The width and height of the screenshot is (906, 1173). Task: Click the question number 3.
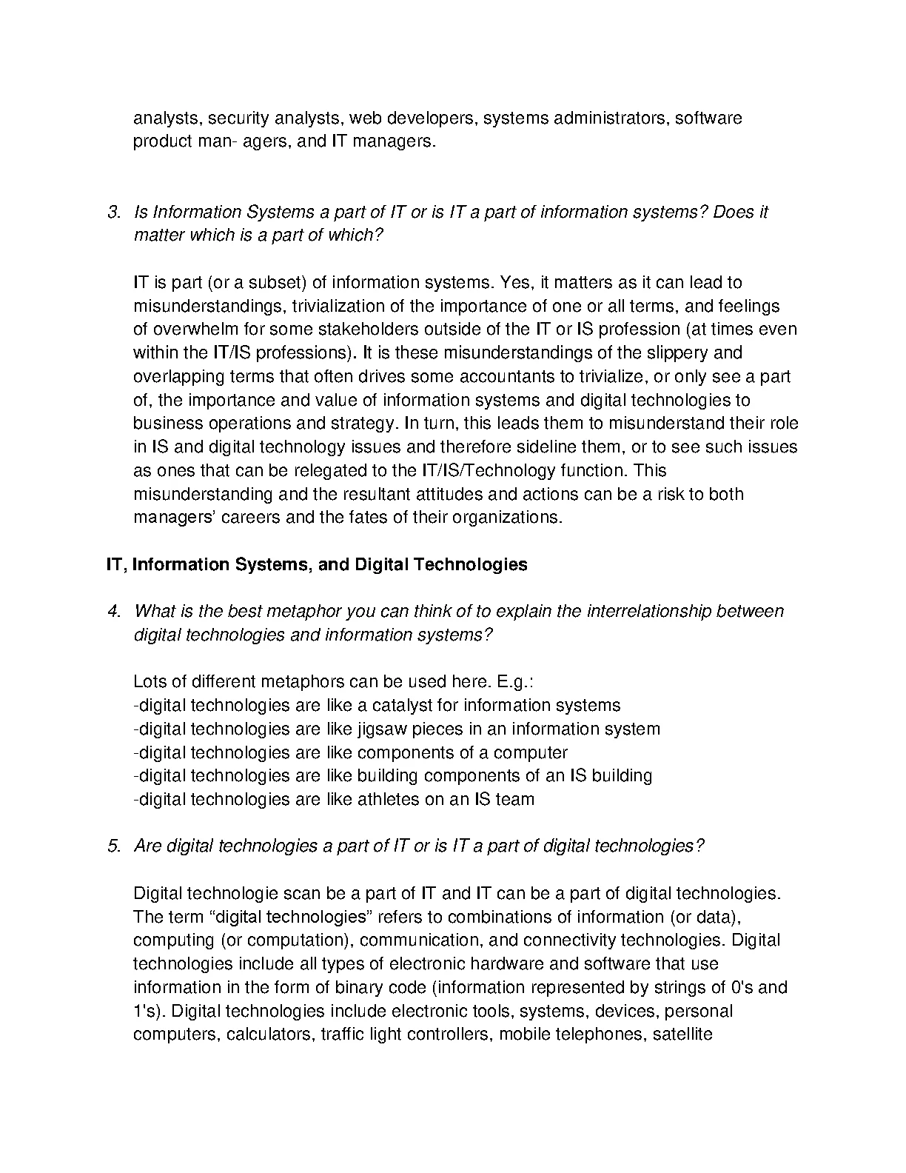(114, 213)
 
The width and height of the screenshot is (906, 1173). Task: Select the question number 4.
(114, 612)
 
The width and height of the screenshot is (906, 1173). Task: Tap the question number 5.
(114, 846)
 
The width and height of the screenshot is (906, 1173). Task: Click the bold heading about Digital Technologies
(317, 565)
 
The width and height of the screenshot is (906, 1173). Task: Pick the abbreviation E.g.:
(511, 682)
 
